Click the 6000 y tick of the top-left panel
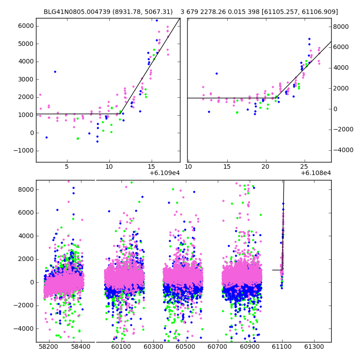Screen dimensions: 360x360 point(26,26)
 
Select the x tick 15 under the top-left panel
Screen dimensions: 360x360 point(151,166)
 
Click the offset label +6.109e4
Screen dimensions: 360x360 point(165,173)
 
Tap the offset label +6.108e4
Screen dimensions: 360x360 point(316,173)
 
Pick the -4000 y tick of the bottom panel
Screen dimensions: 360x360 point(24,328)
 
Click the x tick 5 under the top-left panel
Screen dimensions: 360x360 point(67,166)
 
